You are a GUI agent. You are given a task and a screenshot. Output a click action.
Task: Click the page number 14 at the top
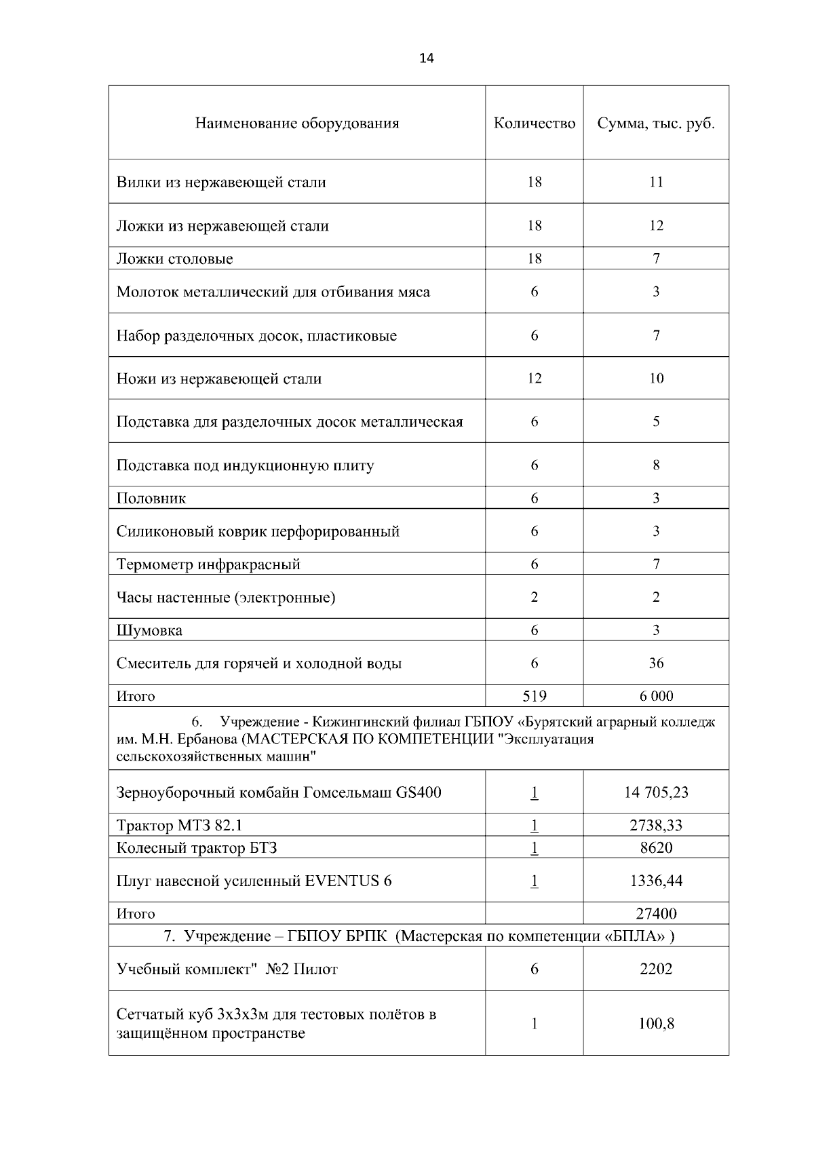(x=427, y=58)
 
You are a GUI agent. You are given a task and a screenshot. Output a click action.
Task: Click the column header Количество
(x=534, y=123)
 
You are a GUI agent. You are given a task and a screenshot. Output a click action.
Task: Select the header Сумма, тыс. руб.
(x=655, y=123)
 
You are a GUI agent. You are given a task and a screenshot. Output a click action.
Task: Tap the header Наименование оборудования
(x=297, y=123)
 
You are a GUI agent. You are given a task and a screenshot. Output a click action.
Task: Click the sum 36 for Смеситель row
(x=655, y=663)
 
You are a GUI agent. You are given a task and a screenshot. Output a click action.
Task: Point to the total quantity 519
(x=534, y=695)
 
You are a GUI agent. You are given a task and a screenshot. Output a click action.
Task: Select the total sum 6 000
(x=655, y=695)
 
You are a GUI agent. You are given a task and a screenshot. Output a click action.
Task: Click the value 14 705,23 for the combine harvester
(x=655, y=792)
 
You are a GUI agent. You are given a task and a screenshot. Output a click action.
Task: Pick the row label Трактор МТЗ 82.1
(x=180, y=825)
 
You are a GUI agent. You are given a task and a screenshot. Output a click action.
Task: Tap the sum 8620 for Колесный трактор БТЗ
(x=655, y=847)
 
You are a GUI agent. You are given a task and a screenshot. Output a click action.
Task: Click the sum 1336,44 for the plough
(x=655, y=881)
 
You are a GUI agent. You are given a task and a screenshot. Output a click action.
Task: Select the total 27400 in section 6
(x=655, y=913)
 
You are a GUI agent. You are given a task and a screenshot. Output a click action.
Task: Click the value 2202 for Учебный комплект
(x=655, y=969)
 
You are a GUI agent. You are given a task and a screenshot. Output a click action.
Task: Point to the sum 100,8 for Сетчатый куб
(x=655, y=1024)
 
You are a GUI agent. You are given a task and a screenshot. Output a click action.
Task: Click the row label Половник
(x=151, y=498)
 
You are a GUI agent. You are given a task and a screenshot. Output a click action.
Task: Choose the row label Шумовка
(x=149, y=630)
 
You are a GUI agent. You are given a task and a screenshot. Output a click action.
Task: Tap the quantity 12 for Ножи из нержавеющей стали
(x=534, y=379)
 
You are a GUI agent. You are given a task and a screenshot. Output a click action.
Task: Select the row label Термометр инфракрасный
(x=208, y=564)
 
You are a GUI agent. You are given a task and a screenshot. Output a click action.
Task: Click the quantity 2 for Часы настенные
(x=534, y=597)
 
